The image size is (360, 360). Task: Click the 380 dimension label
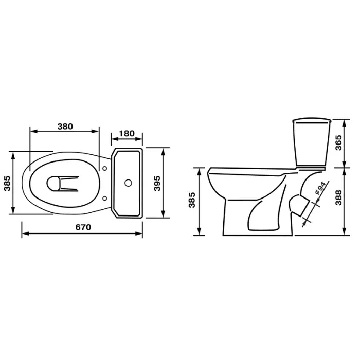(x=65, y=127)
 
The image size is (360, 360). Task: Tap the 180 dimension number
(x=127, y=133)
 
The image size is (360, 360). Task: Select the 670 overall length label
(x=83, y=227)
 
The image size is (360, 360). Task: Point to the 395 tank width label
(x=157, y=183)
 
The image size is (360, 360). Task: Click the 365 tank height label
(x=338, y=143)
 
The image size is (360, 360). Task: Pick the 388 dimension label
(x=338, y=197)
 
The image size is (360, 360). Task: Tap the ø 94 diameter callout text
(x=320, y=188)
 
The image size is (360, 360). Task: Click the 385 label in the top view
(x=7, y=183)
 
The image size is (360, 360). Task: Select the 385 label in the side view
(x=192, y=200)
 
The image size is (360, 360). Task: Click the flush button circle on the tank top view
(x=128, y=183)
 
